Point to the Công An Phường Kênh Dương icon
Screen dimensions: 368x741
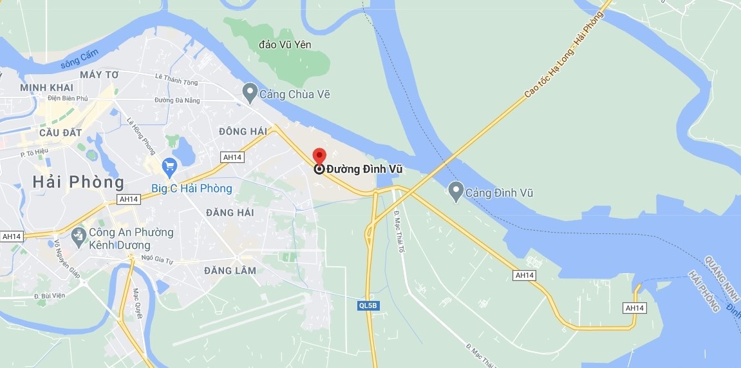coord(79,237)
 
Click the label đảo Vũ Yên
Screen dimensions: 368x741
coord(285,44)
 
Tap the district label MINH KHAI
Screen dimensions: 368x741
coord(47,88)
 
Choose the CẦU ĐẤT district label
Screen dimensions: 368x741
coord(61,132)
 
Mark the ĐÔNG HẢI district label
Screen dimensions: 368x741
coord(243,131)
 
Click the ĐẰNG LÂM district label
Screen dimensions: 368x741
coord(230,271)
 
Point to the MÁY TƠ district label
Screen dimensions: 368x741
coord(99,75)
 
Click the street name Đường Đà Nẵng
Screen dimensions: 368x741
coord(177,101)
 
